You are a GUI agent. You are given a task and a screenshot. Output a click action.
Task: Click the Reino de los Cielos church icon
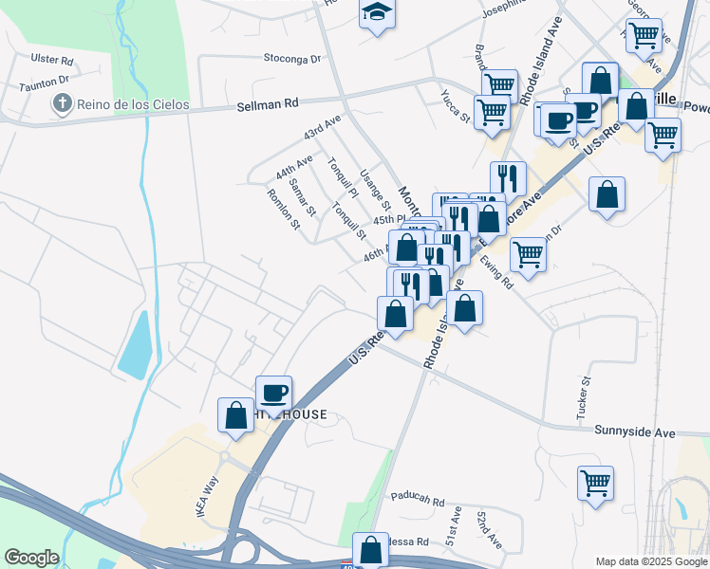tap(64, 104)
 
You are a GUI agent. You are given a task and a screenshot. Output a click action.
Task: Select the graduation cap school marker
tap(377, 14)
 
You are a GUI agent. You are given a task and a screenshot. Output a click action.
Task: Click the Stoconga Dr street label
tap(292, 59)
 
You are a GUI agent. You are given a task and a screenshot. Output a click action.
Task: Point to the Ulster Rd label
tap(52, 59)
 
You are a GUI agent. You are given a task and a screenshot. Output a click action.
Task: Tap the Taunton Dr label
tap(46, 83)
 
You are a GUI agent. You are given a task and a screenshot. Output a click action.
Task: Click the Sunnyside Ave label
tap(635, 432)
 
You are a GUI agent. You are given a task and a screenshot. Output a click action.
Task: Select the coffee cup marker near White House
tap(273, 393)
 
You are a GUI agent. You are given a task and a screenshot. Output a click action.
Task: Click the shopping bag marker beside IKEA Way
tap(235, 415)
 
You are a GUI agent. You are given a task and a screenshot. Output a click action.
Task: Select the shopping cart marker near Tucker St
tap(595, 483)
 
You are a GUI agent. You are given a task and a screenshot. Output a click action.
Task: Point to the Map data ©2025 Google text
tap(651, 561)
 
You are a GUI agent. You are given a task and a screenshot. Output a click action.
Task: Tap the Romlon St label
tap(283, 210)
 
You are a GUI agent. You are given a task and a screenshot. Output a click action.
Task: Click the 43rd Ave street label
tap(322, 126)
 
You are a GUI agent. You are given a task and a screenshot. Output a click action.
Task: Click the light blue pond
tap(138, 342)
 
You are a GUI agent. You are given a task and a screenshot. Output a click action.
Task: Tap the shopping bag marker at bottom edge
tap(370, 549)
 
